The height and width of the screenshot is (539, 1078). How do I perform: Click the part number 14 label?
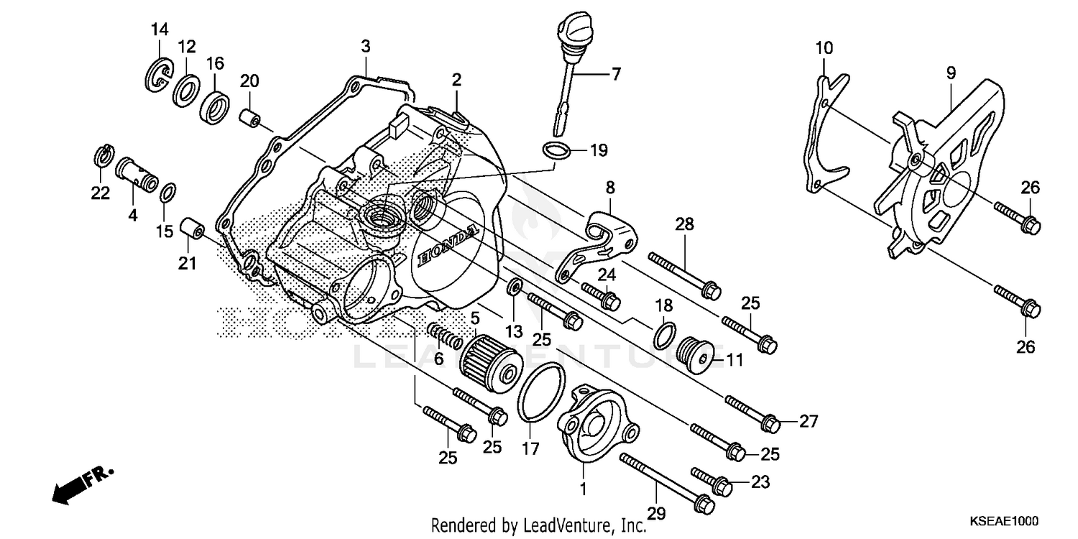coord(159,29)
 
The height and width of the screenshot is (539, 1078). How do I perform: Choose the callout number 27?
coord(808,422)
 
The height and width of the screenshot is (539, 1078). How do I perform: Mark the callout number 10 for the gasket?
coord(824,48)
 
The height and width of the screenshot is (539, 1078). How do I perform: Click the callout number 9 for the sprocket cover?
coord(950,73)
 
